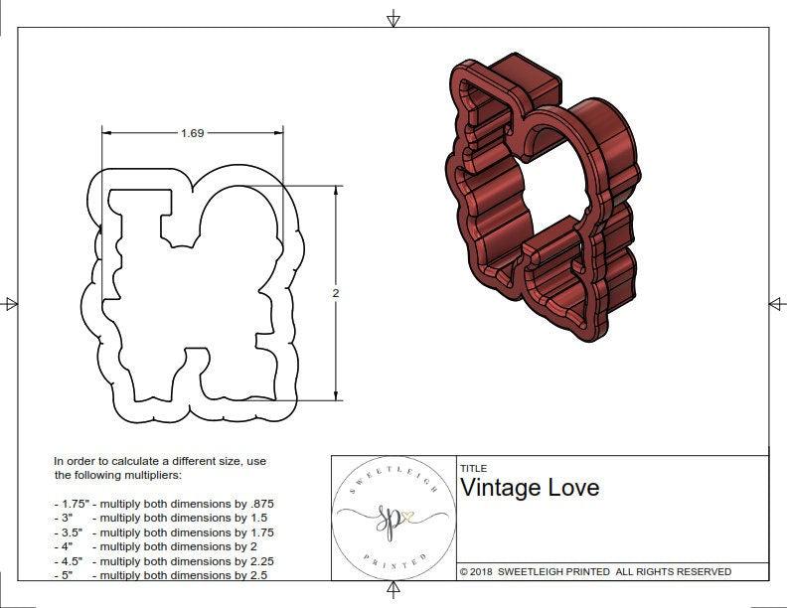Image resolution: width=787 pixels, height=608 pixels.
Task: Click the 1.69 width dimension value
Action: (x=193, y=133)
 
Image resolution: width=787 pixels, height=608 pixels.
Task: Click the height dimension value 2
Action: (x=336, y=293)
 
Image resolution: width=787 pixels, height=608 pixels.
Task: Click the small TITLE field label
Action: (x=472, y=468)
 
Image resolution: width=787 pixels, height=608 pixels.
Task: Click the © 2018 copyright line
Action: (x=595, y=571)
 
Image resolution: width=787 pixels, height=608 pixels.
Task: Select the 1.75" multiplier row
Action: (x=163, y=504)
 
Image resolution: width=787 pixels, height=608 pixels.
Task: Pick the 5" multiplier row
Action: (x=163, y=575)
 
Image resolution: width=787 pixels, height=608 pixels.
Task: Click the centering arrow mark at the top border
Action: (x=393, y=18)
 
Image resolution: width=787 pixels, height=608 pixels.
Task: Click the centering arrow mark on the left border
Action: (x=10, y=303)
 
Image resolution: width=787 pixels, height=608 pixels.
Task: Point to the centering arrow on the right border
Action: (x=777, y=303)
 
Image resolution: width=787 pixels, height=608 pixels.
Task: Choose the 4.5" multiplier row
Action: (x=163, y=560)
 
